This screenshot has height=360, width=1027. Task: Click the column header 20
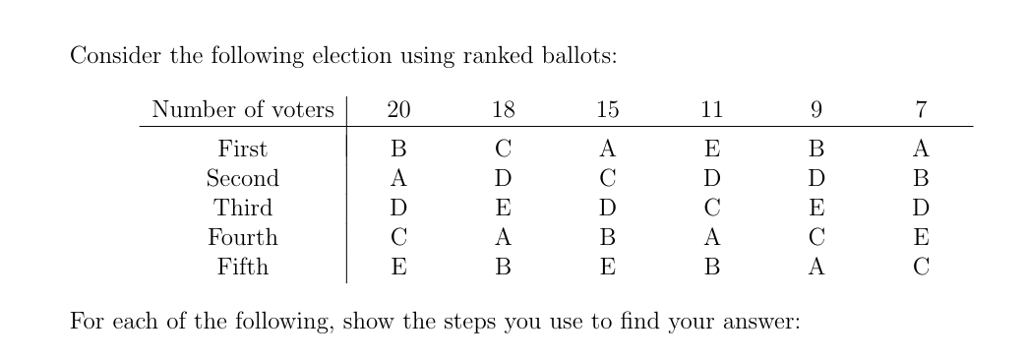(x=398, y=110)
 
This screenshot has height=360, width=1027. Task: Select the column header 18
(x=503, y=110)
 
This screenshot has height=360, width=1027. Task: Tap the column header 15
(x=607, y=110)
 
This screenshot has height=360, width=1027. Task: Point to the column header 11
(x=711, y=110)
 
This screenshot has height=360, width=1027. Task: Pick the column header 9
(x=816, y=110)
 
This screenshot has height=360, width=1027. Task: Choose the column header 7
(x=920, y=110)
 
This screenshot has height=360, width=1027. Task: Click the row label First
(x=242, y=150)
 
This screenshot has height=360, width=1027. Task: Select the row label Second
(x=242, y=179)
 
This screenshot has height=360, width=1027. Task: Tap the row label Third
(x=242, y=209)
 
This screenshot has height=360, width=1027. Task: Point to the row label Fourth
(x=242, y=238)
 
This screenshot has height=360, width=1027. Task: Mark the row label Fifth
(x=242, y=267)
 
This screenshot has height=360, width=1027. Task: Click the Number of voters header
(x=243, y=110)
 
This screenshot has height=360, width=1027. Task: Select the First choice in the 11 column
(x=711, y=150)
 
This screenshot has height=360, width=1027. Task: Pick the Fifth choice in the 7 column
(x=920, y=267)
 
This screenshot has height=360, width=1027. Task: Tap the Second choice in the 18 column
(x=503, y=179)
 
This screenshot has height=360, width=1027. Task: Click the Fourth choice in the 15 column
(x=607, y=238)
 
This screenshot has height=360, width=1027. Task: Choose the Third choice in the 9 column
(x=816, y=209)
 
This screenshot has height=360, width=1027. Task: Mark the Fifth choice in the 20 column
(x=398, y=267)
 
